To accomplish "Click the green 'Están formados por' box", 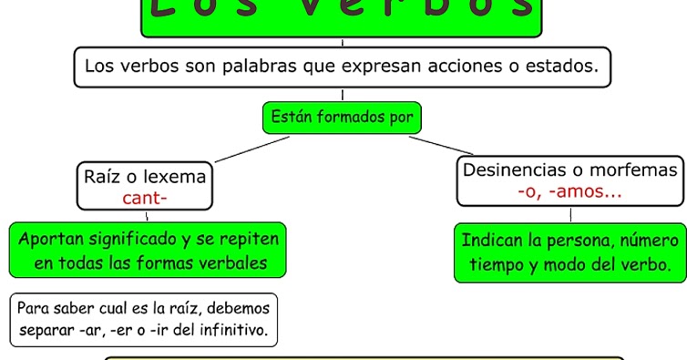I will pos(342,118).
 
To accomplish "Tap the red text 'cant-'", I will pos(145,197).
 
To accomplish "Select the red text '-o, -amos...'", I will pos(569,191).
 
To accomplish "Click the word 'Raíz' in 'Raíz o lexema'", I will pos(103,175).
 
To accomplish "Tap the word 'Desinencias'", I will pos(515,170).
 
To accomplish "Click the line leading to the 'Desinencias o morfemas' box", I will pos(441,146).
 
